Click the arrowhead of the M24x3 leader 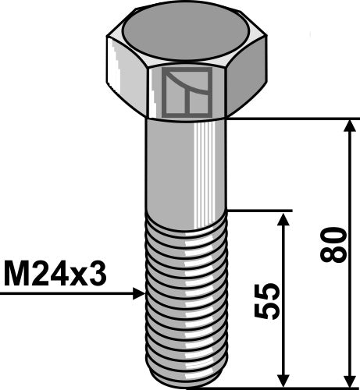pyautogui.click(x=139, y=294)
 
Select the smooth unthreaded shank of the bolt pyautogui.click(x=185, y=164)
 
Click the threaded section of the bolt pyautogui.click(x=185, y=296)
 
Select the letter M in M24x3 pyautogui.click(x=17, y=275)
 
